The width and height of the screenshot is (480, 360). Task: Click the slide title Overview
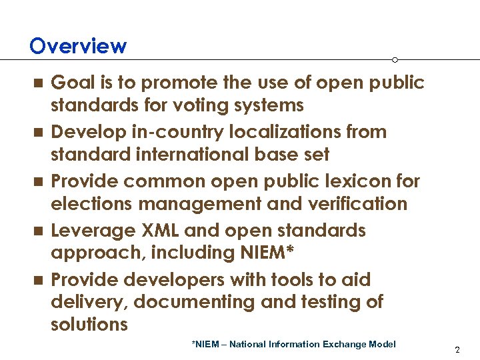pos(78,46)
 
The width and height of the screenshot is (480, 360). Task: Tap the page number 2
pos(457,349)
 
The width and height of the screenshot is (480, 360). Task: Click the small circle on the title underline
pos(395,60)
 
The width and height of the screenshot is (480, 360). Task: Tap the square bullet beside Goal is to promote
pos(38,83)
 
